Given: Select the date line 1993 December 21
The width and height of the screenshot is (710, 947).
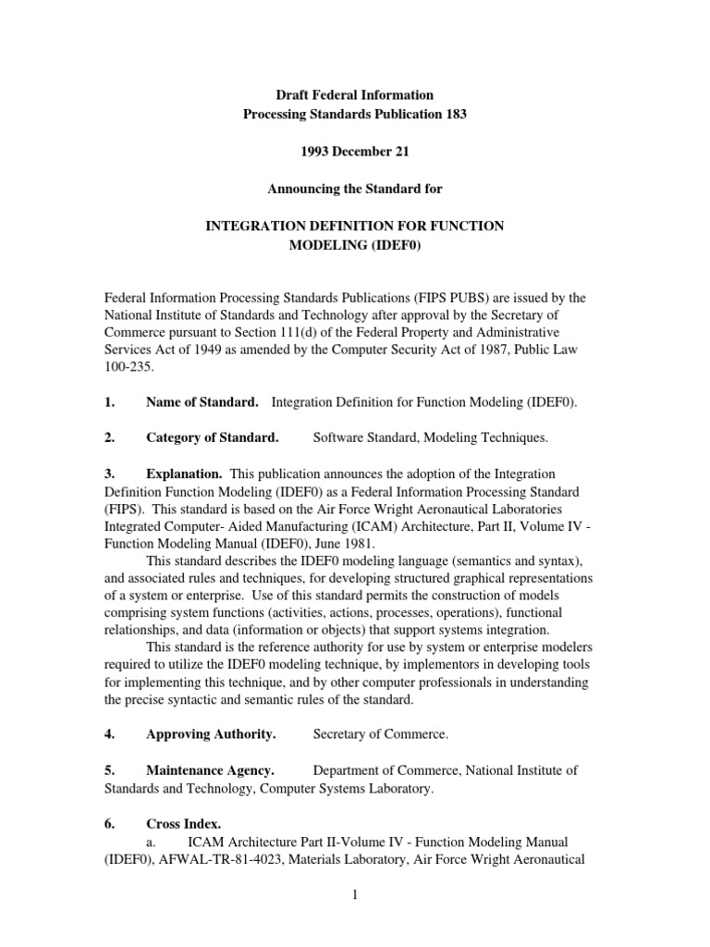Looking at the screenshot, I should tap(355, 152).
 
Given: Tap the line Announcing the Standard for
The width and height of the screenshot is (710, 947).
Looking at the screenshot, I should tap(355, 189).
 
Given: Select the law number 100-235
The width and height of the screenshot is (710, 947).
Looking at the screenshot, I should tap(129, 367).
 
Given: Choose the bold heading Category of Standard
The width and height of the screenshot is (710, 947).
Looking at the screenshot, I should tap(213, 437).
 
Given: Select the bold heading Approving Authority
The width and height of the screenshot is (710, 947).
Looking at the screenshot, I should tap(212, 735).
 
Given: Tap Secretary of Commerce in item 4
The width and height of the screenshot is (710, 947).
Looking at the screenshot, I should tap(381, 735).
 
